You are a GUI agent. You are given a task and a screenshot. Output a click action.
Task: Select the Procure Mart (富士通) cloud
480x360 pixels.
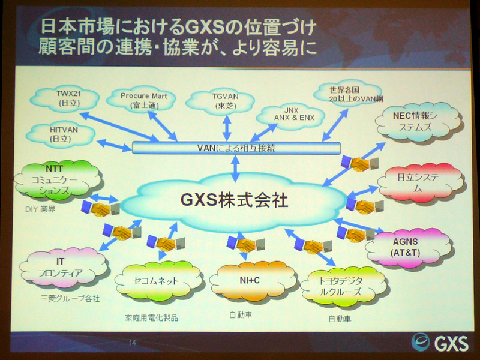point(142,100)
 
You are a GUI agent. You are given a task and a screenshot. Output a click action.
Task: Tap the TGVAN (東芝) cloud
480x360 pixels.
point(220,102)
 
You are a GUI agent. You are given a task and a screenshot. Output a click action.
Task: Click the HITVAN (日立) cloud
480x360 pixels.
point(61,134)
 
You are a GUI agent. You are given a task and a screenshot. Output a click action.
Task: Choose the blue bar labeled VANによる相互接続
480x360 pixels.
point(236,148)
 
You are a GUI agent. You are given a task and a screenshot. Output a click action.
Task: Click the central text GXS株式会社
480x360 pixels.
point(234,201)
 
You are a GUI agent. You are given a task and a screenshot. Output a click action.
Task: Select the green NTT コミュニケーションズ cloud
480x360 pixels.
point(58,180)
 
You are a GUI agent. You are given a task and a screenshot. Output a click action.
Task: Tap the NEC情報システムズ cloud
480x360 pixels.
point(418,122)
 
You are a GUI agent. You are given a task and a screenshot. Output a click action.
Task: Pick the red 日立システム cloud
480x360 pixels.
point(421,183)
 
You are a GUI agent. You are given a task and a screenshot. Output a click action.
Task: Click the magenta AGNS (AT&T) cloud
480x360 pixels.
point(409,247)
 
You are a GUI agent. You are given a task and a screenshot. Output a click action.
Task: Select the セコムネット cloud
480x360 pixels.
point(158,281)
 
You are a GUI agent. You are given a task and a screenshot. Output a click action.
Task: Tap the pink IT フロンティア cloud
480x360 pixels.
point(64,268)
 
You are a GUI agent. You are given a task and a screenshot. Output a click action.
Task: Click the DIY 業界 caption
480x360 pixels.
point(40,209)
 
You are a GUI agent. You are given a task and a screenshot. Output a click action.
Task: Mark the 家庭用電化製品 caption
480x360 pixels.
point(151,318)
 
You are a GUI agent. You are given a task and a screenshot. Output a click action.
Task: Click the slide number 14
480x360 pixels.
point(133,343)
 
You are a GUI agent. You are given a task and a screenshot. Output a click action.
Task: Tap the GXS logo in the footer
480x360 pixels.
point(440,342)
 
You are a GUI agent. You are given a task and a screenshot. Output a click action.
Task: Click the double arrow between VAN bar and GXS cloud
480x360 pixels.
point(235,169)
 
